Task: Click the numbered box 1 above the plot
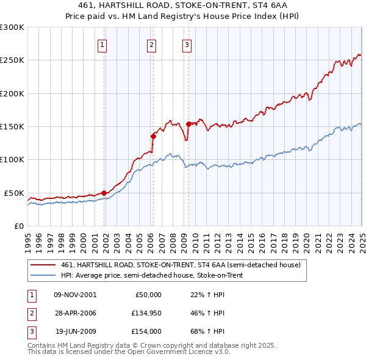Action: (x=102, y=44)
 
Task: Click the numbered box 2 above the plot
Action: (x=151, y=44)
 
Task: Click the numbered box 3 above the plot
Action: (x=187, y=44)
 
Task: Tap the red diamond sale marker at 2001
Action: (x=104, y=193)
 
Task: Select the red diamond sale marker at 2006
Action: (x=153, y=136)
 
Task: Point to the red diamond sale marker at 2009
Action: (x=188, y=124)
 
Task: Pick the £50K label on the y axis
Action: (x=14, y=193)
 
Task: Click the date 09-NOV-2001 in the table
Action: (x=75, y=295)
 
